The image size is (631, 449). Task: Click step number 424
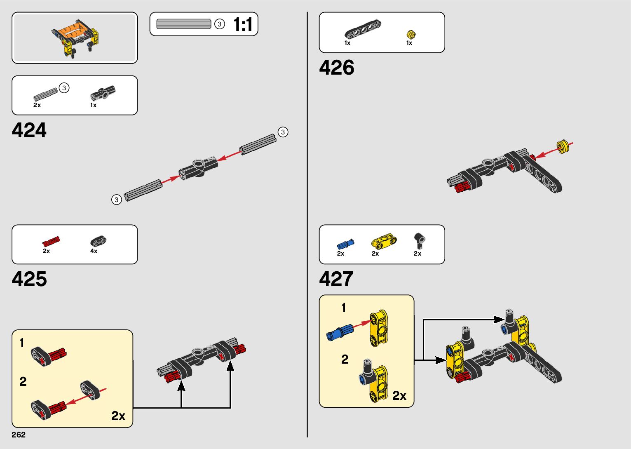point(29,130)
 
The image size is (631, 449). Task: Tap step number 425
point(29,279)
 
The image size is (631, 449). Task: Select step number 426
point(336,68)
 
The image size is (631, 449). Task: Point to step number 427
point(336,279)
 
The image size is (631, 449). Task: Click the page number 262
point(19,435)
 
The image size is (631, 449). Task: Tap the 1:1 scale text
point(243,24)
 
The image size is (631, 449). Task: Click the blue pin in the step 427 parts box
point(345,244)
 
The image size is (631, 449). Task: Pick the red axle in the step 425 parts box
point(52,242)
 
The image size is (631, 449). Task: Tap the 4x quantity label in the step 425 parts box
point(94,251)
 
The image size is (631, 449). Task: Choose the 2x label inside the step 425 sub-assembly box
point(118,416)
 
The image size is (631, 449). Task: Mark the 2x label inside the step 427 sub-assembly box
point(399,396)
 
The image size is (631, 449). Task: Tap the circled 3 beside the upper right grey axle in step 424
point(283,132)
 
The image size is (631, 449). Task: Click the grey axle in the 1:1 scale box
point(184,24)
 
